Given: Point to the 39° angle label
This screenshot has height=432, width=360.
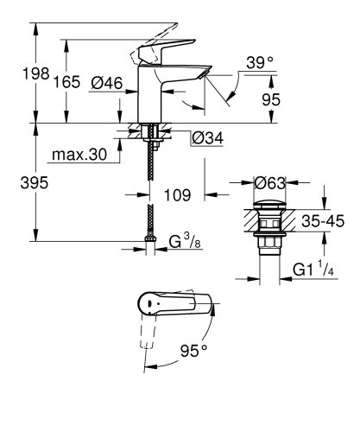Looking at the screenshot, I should click(x=258, y=62).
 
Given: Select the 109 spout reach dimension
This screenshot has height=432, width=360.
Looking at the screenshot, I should click(x=177, y=196).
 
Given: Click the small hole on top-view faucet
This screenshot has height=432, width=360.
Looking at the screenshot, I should click(x=151, y=304).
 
